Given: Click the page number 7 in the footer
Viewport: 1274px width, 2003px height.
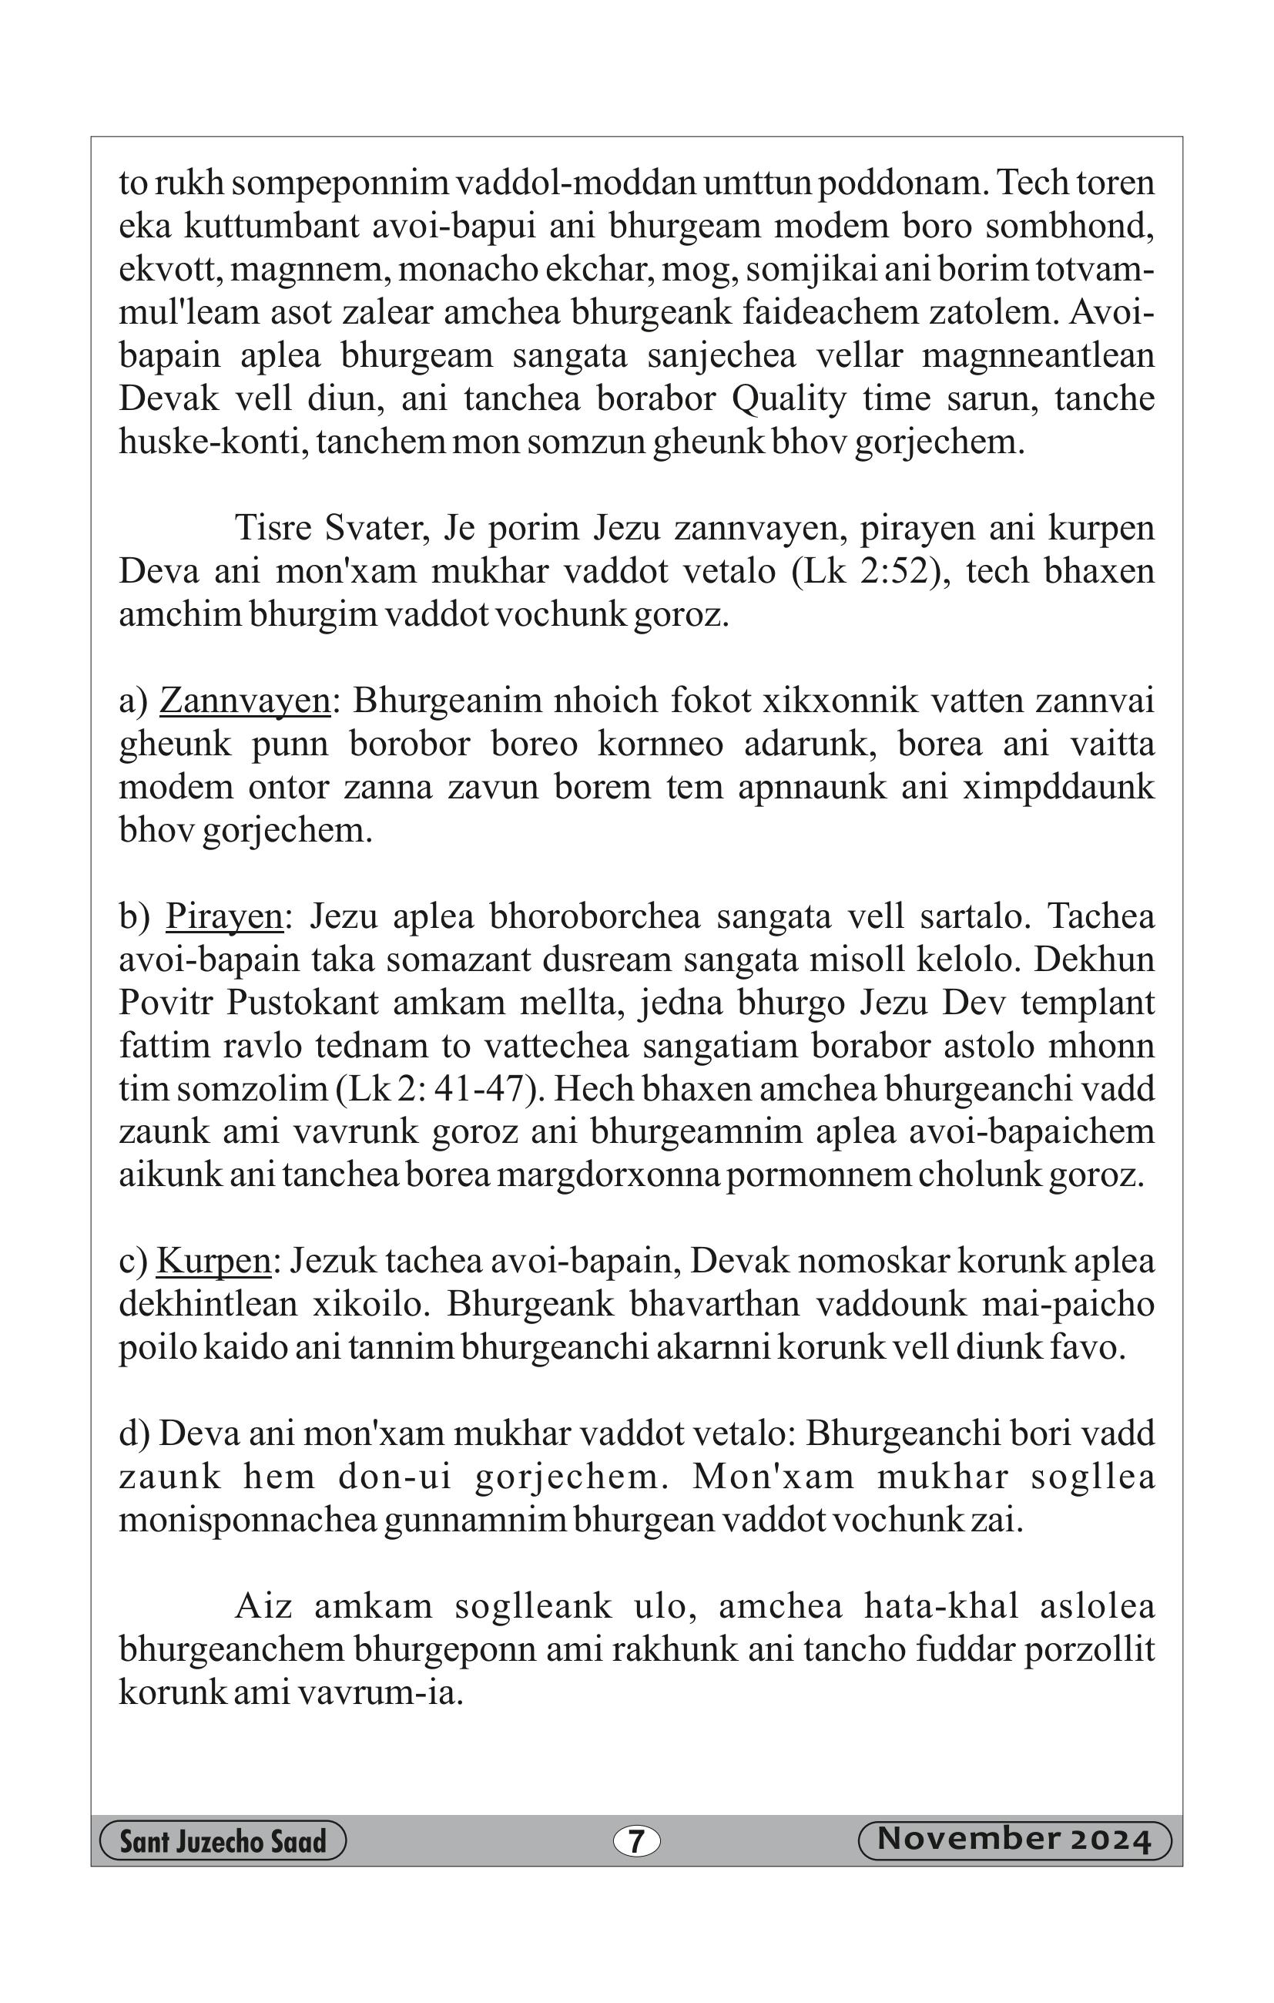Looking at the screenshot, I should [x=636, y=1842].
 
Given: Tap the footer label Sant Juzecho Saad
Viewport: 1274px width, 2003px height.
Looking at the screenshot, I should [x=223, y=1842].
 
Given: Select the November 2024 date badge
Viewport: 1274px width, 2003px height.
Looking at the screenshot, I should [x=1014, y=1840].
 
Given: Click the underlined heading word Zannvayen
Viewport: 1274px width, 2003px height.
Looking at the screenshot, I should [x=245, y=701].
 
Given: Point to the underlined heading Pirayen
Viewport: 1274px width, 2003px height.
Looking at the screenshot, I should [x=225, y=916].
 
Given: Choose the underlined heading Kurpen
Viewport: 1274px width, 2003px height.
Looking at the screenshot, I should [x=213, y=1260].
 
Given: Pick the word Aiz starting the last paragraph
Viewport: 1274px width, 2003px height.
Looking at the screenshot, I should [x=263, y=1605].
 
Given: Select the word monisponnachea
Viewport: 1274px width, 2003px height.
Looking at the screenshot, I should [x=247, y=1520].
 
